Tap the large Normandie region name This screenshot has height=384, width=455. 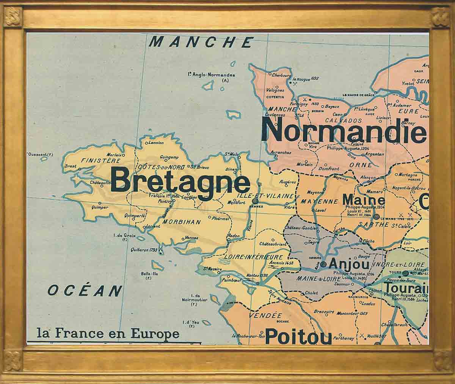345,130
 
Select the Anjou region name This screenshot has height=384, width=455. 349,263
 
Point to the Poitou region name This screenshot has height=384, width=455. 298,336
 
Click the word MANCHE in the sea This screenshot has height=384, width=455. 201,42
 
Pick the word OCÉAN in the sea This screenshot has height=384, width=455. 85,291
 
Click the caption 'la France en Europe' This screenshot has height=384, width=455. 108,334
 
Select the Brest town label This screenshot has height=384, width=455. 71,166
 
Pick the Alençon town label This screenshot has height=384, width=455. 367,177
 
